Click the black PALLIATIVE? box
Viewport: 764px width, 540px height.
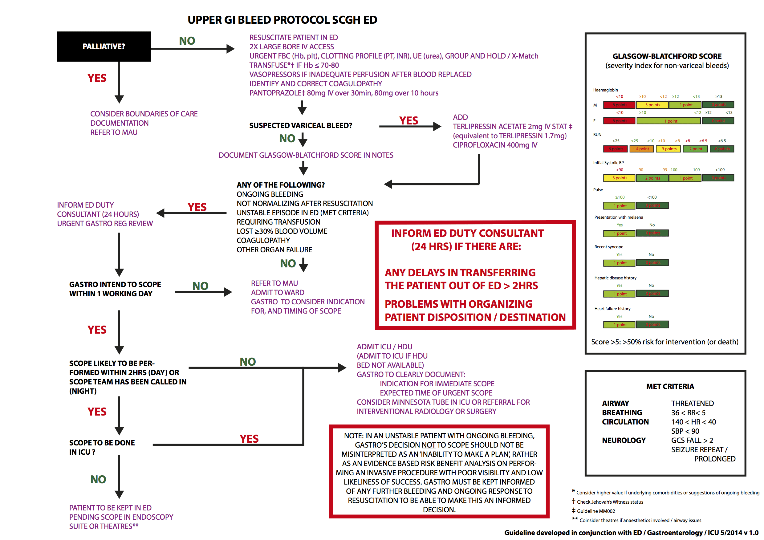(104, 46)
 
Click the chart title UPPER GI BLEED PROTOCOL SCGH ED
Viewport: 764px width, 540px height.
(282, 20)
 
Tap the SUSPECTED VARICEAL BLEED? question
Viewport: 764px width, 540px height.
(300, 125)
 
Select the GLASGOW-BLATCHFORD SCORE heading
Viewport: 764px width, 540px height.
(667, 56)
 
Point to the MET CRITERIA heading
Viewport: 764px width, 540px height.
(670, 386)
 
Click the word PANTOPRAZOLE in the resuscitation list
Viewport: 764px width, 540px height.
(276, 93)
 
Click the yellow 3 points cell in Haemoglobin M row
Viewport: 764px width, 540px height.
(652, 105)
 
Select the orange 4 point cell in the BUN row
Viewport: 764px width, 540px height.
(642, 149)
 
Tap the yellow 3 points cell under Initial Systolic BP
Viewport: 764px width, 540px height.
(619, 178)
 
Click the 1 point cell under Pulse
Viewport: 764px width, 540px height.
(619, 206)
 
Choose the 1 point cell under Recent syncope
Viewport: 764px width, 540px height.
(619, 263)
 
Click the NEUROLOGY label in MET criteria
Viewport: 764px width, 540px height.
(624, 441)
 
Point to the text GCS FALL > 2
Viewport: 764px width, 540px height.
(692, 441)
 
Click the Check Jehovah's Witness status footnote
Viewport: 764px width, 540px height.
(610, 502)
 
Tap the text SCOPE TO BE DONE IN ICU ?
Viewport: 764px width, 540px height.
(102, 447)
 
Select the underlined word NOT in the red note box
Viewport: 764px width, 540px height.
(428, 445)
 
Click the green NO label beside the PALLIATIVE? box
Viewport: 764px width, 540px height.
(187, 41)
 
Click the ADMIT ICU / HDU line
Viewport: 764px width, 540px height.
(384, 347)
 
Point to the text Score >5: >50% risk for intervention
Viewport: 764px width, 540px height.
(664, 342)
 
